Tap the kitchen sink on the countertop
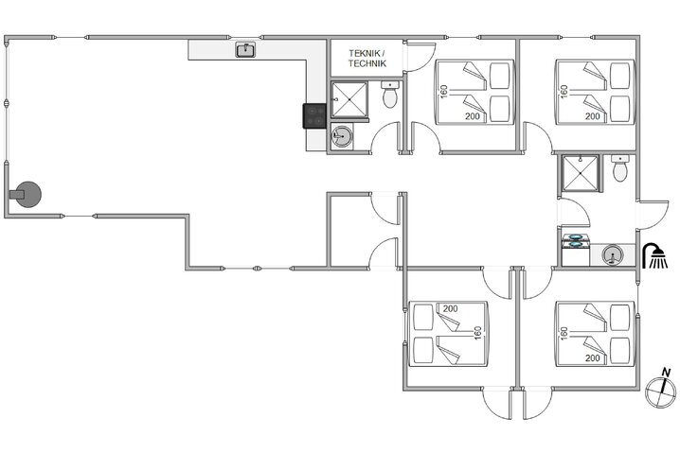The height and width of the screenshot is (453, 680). click(x=245, y=49)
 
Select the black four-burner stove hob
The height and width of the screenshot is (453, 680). click(x=315, y=115)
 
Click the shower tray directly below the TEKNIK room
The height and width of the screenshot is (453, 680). click(x=349, y=98)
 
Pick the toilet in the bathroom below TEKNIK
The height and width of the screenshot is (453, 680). click(x=389, y=96)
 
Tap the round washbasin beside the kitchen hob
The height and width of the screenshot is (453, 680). click(x=342, y=137)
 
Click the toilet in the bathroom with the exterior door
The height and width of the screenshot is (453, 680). click(x=620, y=170)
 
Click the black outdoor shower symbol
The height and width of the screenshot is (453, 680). click(x=653, y=255)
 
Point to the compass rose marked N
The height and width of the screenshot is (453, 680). click(x=658, y=387)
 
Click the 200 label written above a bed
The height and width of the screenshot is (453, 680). click(x=450, y=309)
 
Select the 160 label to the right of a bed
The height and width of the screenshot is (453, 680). click(x=478, y=334)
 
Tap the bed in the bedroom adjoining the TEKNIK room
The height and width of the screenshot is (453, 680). click(x=474, y=91)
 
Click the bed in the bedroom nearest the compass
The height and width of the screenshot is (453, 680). click(x=594, y=333)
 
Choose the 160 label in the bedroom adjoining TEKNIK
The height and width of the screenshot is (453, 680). click(x=443, y=91)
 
